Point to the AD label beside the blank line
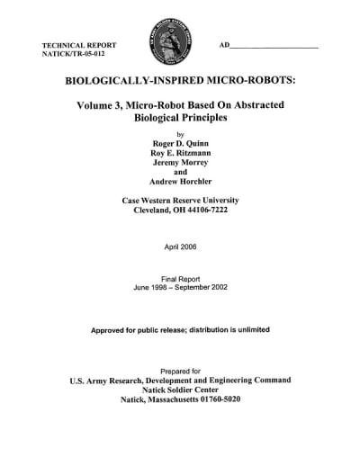225,44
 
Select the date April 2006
180,246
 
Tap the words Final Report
180,279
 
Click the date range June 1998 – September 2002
180,288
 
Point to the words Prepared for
180,370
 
